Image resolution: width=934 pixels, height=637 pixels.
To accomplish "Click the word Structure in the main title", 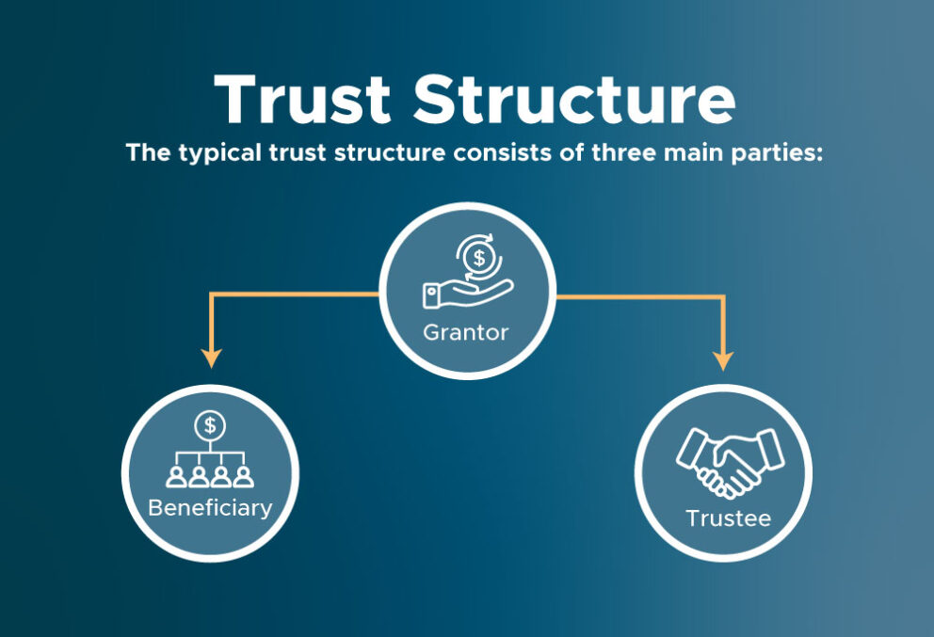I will [574, 98].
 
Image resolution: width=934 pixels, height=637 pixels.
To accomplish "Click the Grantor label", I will [467, 331].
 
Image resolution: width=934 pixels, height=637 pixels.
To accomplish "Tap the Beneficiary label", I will [210, 508].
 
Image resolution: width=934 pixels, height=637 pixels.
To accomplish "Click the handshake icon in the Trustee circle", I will [729, 461].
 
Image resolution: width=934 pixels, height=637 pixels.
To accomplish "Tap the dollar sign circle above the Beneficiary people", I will [210, 425].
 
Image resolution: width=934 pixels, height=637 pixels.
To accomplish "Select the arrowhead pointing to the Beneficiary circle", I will [211, 358].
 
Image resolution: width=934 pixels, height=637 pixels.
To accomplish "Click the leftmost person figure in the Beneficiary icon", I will [176, 474].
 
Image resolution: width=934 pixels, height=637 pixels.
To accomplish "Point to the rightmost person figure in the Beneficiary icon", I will [244, 474].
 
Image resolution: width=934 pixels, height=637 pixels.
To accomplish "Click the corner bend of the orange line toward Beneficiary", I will [211, 295].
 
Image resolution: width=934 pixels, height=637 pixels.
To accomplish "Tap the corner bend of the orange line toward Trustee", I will [723, 297].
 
